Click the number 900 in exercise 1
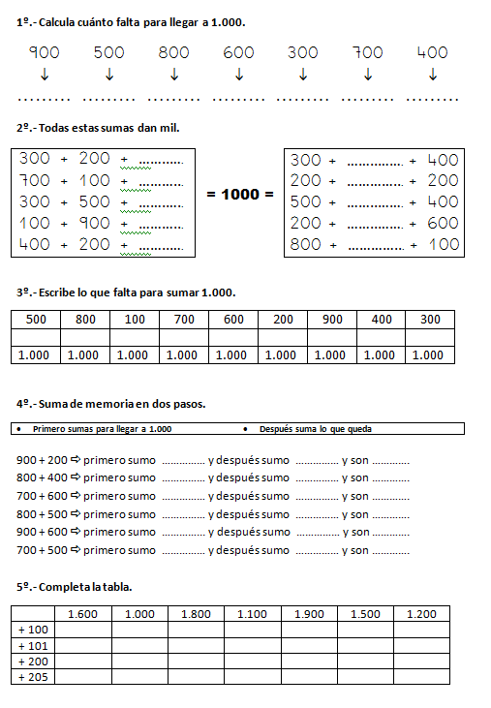click(45, 52)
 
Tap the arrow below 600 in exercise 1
click(238, 75)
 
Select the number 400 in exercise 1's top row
click(432, 52)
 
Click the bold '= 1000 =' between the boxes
click(240, 195)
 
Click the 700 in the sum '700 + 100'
click(35, 180)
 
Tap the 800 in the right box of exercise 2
click(306, 244)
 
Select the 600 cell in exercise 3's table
click(232, 320)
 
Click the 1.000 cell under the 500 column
click(35, 355)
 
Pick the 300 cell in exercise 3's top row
click(430, 320)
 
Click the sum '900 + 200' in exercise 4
click(42, 460)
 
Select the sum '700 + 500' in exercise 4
click(42, 550)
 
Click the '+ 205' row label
click(33, 677)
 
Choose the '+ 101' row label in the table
click(33, 646)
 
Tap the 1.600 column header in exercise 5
click(83, 614)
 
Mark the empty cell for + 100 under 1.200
click(421, 631)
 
